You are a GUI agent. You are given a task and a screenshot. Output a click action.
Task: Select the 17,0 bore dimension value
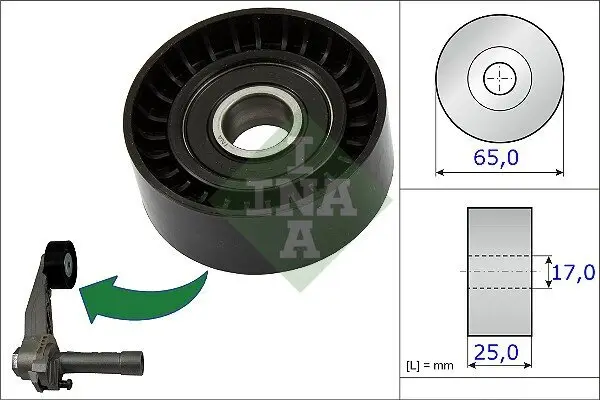[574, 272]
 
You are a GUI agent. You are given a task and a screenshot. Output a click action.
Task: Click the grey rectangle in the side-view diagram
[500, 272]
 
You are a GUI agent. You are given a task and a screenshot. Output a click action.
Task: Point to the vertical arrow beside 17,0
[549, 272]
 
